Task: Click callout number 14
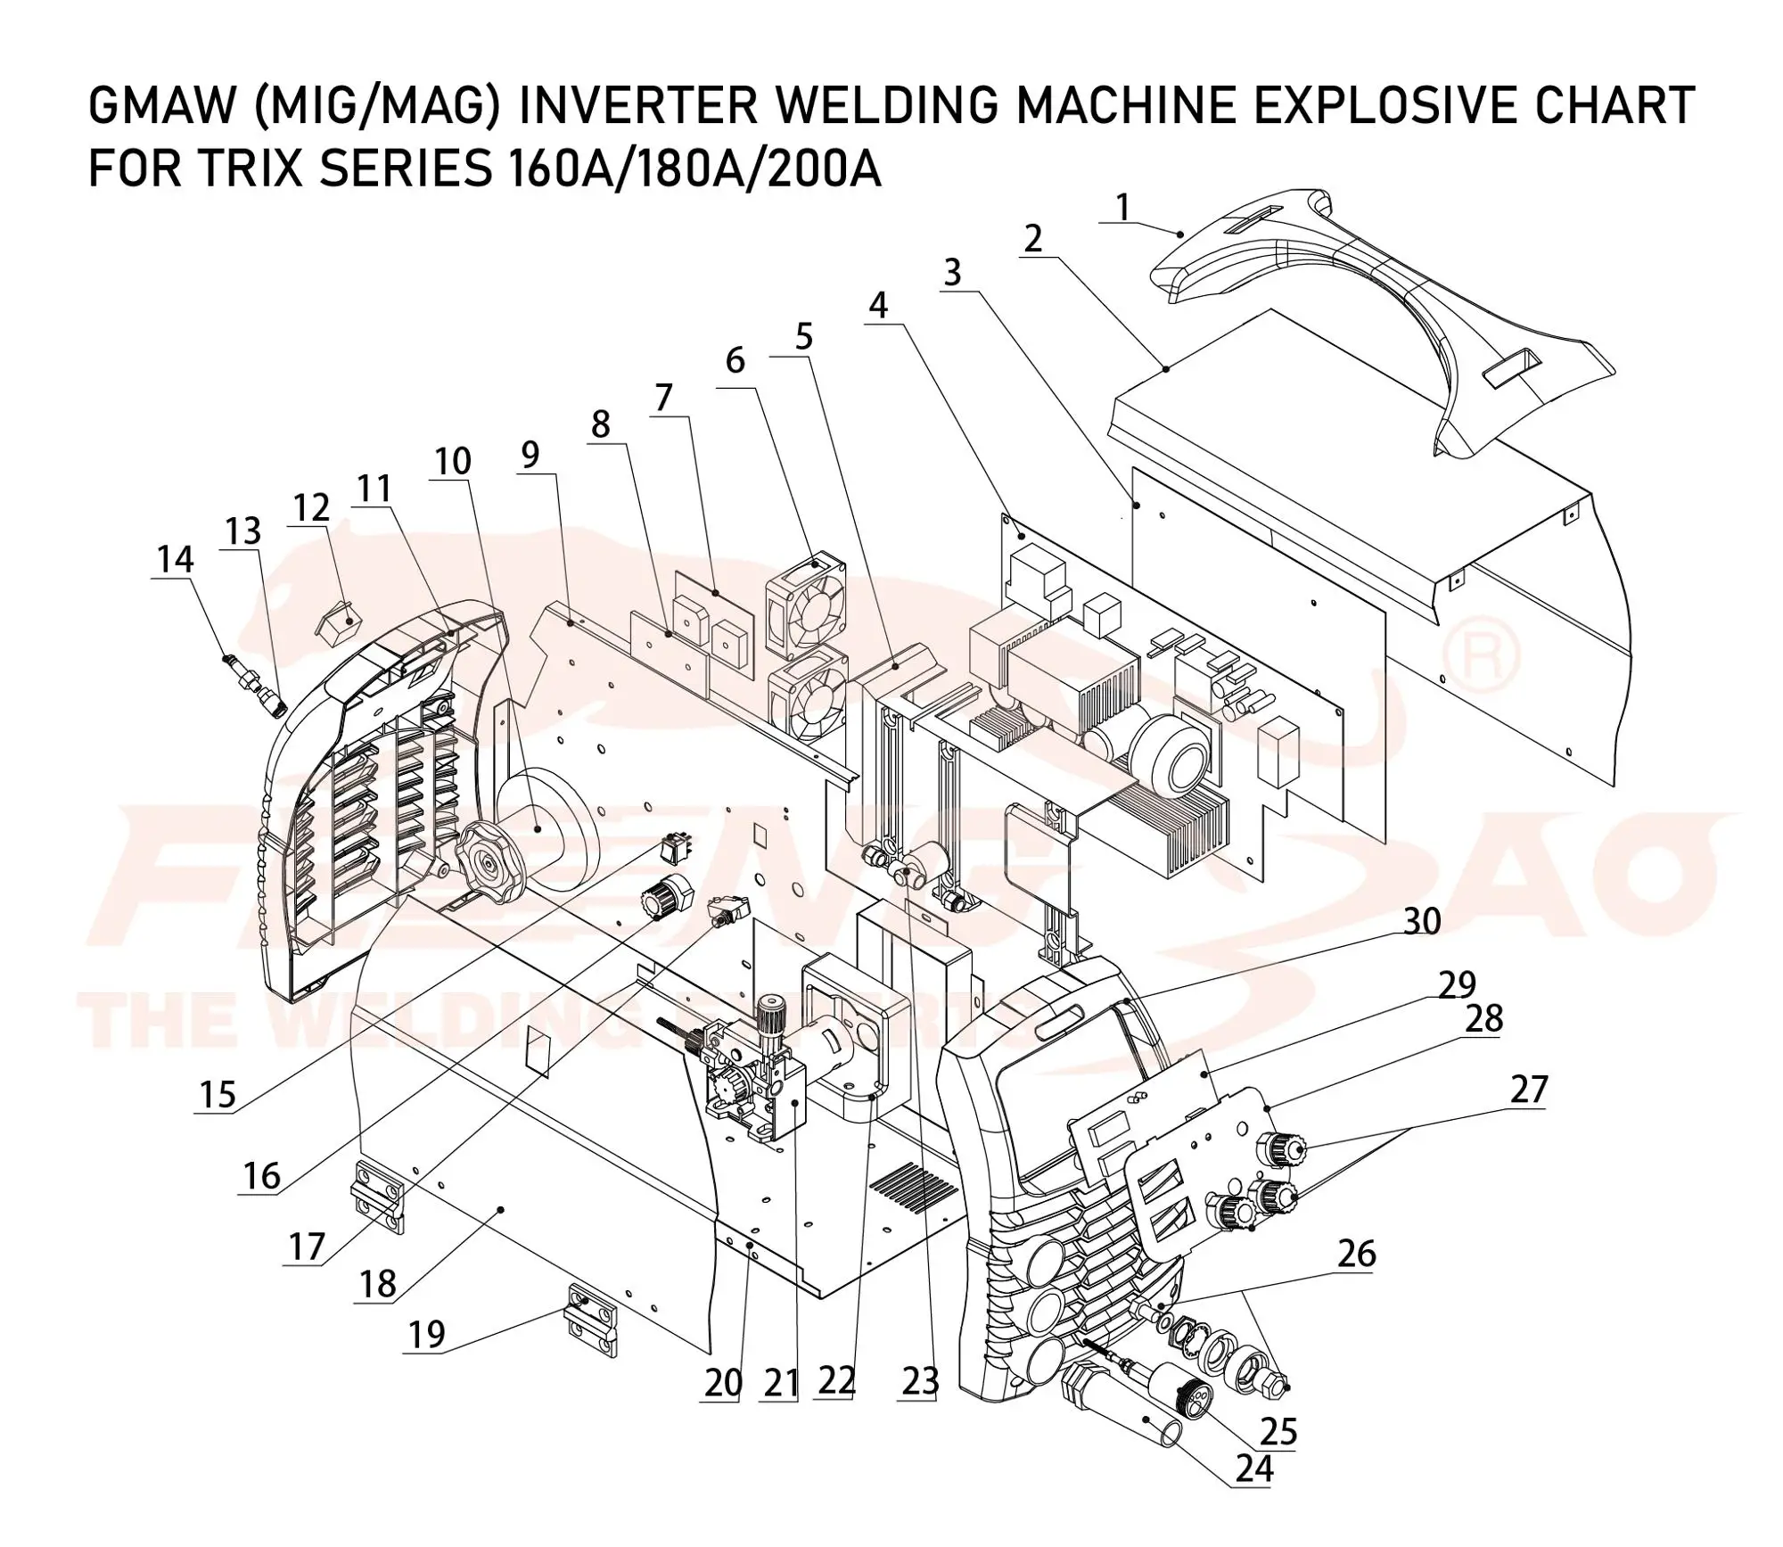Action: [175, 560]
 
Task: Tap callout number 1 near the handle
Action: [1122, 208]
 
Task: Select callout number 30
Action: [1421, 921]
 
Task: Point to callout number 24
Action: [1253, 1469]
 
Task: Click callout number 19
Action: [426, 1335]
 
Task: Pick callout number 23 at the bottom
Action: [920, 1382]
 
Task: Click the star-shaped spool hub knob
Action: [487, 862]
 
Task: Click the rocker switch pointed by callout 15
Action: [675, 848]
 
